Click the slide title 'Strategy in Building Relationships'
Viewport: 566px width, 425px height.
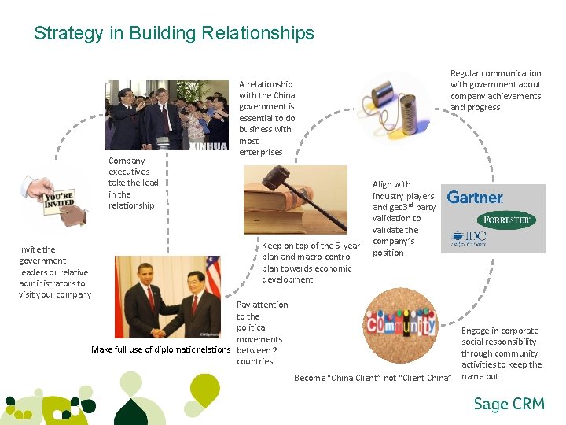pyautogui.click(x=174, y=34)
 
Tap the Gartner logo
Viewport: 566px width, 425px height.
pyautogui.click(x=475, y=198)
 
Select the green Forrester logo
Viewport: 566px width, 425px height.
pyautogui.click(x=506, y=220)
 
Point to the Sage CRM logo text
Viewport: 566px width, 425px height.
pyautogui.click(x=509, y=405)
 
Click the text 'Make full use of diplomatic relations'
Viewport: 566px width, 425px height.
pyautogui.click(x=161, y=349)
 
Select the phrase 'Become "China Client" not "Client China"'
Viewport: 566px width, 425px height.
pyautogui.click(x=373, y=379)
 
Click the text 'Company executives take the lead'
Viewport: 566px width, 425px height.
pyautogui.click(x=133, y=183)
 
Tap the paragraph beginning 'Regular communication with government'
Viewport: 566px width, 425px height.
pyautogui.click(x=495, y=90)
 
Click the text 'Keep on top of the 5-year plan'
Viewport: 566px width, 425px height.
pyautogui.click(x=311, y=263)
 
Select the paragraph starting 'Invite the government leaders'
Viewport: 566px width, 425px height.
pyautogui.click(x=54, y=272)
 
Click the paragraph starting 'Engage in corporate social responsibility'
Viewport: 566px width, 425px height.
pyautogui.click(x=501, y=353)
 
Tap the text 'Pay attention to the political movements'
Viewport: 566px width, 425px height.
pyautogui.click(x=262, y=333)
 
